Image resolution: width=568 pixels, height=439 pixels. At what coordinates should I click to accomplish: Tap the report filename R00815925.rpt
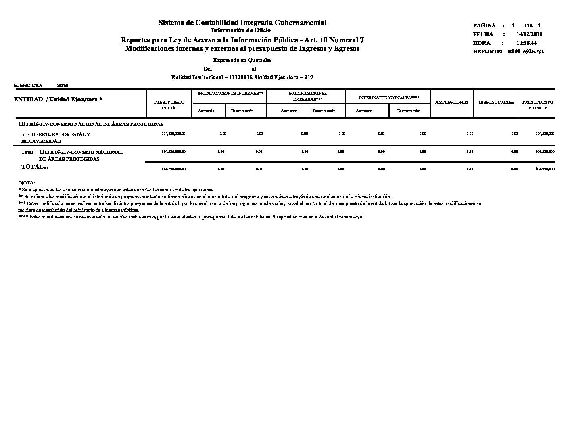(526, 52)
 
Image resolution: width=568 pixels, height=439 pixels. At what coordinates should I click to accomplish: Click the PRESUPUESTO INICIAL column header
(169, 105)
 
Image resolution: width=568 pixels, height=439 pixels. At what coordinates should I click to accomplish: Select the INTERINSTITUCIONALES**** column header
(389, 98)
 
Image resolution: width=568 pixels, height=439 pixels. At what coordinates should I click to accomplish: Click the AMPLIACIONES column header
(451, 102)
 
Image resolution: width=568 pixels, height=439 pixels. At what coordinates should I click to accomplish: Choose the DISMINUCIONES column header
(496, 102)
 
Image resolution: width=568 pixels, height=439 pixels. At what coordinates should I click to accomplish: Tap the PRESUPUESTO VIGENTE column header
(537, 105)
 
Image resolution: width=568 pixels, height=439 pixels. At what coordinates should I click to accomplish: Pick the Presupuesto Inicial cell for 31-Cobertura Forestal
(173, 134)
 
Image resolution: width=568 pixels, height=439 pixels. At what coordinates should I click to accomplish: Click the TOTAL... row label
(35, 167)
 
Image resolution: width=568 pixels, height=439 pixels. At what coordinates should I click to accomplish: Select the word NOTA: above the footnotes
(27, 183)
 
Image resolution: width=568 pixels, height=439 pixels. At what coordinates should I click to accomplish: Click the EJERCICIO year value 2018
(63, 86)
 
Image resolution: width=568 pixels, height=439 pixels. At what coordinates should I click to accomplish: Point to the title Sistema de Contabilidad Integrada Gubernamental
(242, 23)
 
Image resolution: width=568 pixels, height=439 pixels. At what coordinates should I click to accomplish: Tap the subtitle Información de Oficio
(241, 31)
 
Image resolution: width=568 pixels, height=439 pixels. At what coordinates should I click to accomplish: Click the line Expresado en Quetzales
(242, 60)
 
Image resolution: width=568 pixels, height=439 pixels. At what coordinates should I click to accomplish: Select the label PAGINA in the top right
(484, 25)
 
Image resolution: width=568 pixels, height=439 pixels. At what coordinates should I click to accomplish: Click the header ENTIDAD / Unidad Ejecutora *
(58, 100)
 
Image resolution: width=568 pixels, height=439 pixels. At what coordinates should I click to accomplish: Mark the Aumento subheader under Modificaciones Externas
(289, 111)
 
